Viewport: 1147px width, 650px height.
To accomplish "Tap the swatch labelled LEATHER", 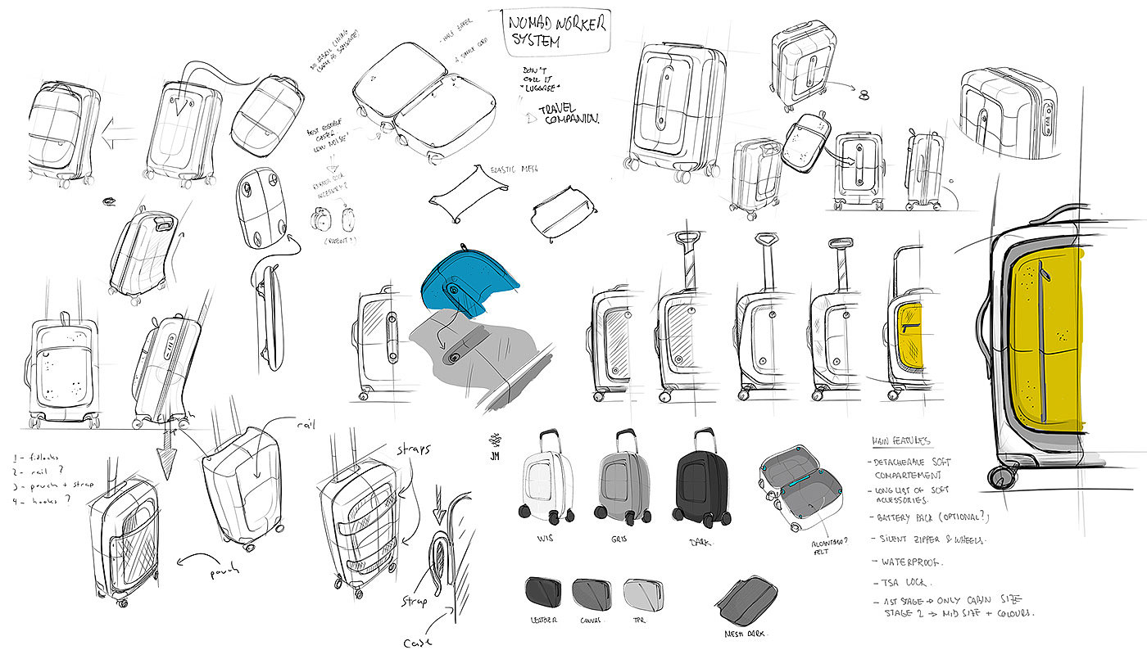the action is click(542, 591).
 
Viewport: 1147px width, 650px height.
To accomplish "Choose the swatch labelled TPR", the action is click(644, 591).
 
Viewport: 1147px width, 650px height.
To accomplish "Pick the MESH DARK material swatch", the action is click(746, 598).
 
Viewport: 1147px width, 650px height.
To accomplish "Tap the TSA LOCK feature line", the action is click(906, 582).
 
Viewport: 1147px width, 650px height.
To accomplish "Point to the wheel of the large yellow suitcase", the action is click(1001, 476).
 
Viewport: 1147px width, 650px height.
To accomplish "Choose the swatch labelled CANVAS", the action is click(592, 591).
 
